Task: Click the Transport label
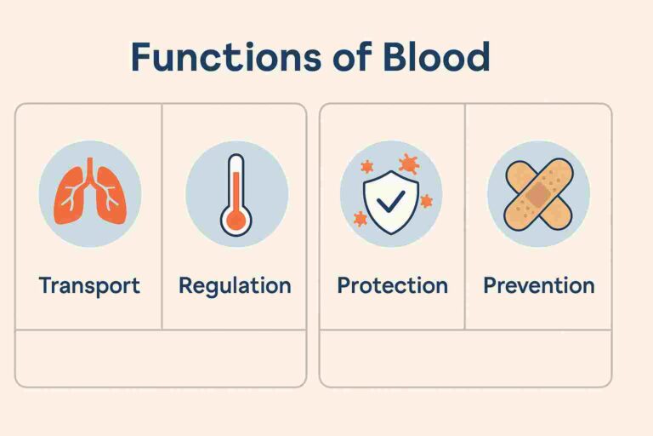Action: click(89, 285)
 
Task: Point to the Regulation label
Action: click(235, 285)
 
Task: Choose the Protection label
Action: click(392, 285)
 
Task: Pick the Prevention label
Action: click(539, 285)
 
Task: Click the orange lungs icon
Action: click(89, 194)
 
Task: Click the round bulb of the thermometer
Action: click(236, 221)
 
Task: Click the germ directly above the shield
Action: click(410, 163)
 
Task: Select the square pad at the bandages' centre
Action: click(538, 195)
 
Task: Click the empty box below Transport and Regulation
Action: click(161, 358)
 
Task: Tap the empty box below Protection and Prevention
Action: click(465, 358)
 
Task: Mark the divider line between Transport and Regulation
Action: click(162, 217)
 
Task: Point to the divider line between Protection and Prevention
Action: click(465, 217)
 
